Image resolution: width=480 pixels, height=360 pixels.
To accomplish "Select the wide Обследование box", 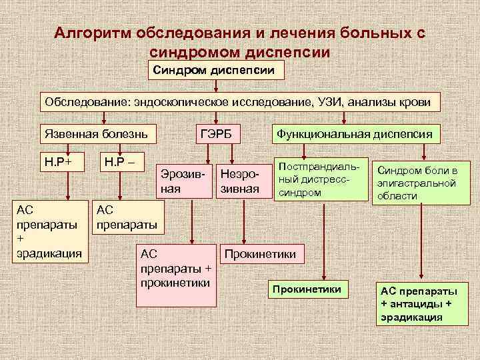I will point(241,102).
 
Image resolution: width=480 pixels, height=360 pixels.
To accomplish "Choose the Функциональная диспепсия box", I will point(355,134).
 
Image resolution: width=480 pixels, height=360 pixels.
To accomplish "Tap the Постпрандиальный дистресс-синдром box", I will point(321,179).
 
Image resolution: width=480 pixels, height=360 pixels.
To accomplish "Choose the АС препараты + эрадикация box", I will point(49,231).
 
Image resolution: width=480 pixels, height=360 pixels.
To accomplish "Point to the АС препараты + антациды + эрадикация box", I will point(420,304).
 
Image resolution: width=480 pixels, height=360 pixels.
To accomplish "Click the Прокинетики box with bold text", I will point(309,288).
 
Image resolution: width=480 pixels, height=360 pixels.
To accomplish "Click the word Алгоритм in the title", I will point(94,33).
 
